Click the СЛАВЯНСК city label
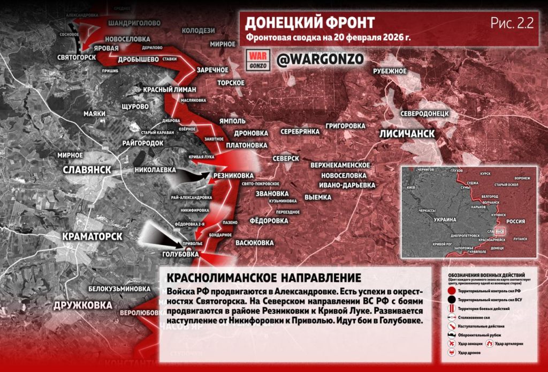[x=87, y=169]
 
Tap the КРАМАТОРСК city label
[x=92, y=236]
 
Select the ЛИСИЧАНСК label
[x=407, y=133]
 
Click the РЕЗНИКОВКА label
[x=233, y=175]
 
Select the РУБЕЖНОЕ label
[x=390, y=71]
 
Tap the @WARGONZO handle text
[x=320, y=59]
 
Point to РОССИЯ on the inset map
[x=516, y=221]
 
